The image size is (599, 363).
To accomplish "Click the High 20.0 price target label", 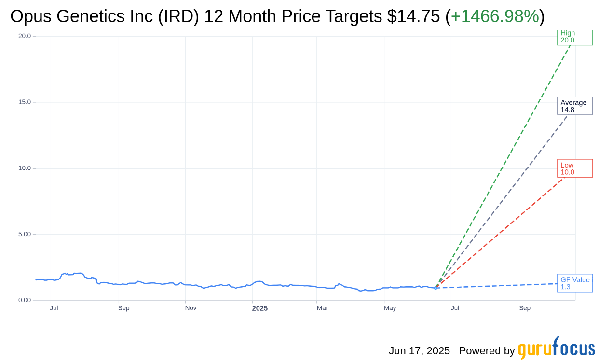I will click(574, 37).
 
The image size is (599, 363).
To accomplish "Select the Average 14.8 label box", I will click(574, 106).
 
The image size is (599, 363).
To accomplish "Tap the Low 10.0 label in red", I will click(574, 168).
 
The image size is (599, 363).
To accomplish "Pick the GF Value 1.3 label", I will click(574, 283).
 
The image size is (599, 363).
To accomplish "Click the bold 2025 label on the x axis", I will click(260, 308).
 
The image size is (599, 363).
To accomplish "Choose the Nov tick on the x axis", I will click(191, 308).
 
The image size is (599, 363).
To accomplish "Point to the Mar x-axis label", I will click(322, 308).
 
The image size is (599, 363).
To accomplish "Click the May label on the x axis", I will click(390, 308).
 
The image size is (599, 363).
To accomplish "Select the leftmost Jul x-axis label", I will click(54, 308).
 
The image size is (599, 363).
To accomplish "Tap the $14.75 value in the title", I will click(413, 16).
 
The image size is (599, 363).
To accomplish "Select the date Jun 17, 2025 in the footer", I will click(419, 351).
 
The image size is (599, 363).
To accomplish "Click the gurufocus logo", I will click(556, 349).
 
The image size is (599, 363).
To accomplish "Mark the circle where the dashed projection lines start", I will click(436, 288).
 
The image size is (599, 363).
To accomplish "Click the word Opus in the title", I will click(28, 16).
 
